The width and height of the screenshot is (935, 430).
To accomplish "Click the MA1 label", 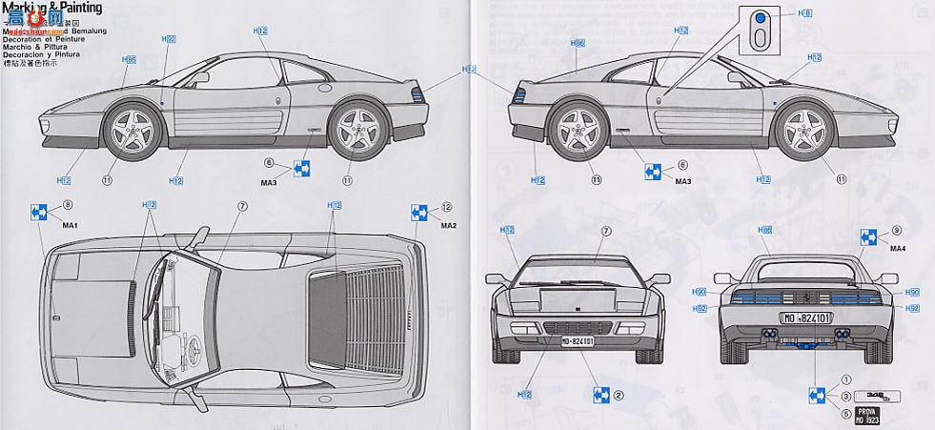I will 69,224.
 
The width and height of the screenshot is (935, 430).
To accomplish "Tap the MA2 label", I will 449,225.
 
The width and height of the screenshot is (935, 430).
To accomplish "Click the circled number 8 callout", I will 68,205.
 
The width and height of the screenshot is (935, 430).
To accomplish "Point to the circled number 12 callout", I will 447,206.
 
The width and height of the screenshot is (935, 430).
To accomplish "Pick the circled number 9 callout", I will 897,230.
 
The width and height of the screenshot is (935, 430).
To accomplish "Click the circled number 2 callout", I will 619,396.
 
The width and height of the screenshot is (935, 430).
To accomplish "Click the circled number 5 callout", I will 844,412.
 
